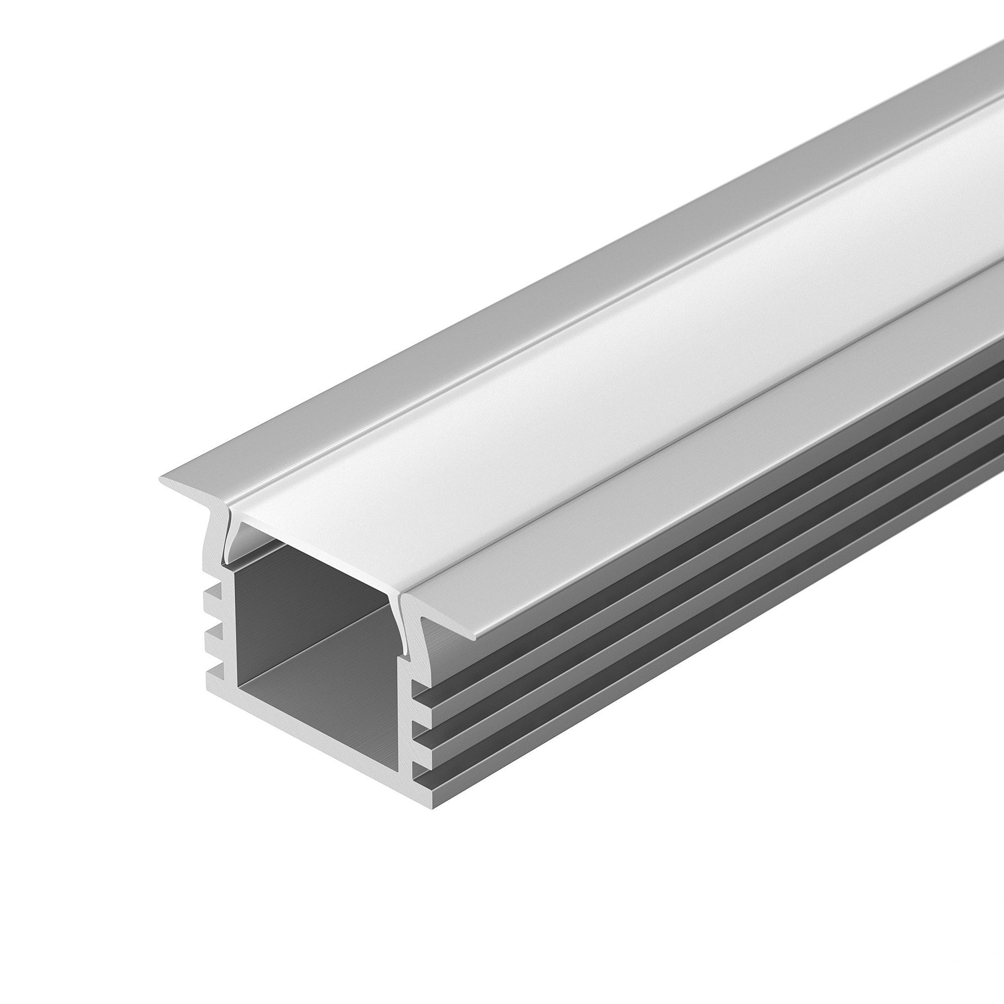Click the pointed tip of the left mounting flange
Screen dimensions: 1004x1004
coord(162,479)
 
